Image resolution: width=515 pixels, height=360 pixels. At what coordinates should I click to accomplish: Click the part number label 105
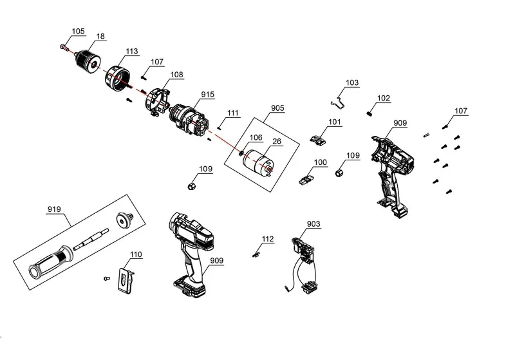coord(78,31)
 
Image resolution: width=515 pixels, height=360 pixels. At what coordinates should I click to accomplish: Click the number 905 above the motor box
coord(277,108)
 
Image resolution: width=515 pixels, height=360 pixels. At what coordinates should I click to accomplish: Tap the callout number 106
coord(256,138)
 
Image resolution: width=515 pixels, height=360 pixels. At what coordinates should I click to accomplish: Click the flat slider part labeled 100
coord(306,178)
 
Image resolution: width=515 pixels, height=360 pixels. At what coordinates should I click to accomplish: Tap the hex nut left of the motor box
coord(191,185)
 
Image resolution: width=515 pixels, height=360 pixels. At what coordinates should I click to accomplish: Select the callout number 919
coord(54,210)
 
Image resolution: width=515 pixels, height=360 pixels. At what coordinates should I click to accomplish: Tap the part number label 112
coord(268,239)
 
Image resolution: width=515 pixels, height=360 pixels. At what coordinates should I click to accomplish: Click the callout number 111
coord(232,113)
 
